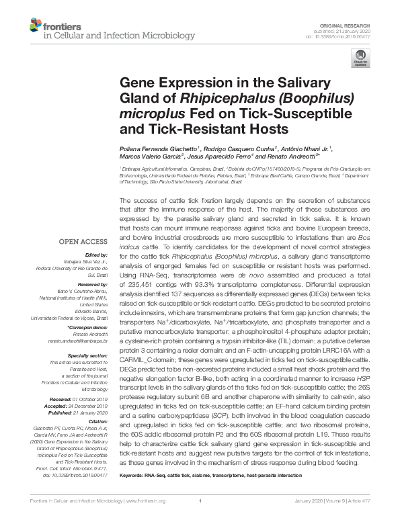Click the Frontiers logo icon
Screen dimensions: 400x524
(x=36, y=26)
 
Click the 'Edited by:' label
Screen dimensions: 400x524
(x=97, y=255)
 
